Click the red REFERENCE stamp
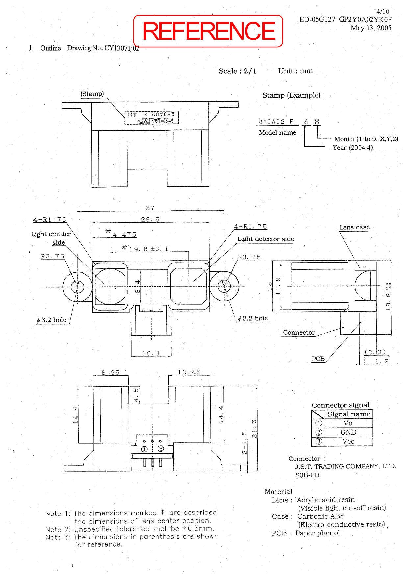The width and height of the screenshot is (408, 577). tap(208, 31)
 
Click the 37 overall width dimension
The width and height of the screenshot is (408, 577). tap(150, 208)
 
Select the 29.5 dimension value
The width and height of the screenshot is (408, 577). tap(150, 219)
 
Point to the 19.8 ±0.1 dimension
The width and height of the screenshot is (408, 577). tap(148, 249)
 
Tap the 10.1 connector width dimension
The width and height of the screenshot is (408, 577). tap(151, 353)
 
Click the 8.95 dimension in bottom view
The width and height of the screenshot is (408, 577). tap(111, 372)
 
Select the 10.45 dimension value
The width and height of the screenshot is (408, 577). tap(189, 372)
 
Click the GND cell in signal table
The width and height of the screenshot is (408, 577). tap(348, 432)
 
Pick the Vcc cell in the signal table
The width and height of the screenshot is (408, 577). tap(348, 441)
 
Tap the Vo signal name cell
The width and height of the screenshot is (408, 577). tap(348, 423)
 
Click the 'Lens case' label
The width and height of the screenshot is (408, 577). tap(354, 227)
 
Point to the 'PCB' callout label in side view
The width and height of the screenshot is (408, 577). tap(318, 359)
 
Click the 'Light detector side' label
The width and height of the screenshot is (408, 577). tap(266, 239)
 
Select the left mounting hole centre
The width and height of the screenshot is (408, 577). tap(77, 286)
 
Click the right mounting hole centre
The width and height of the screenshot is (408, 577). tap(224, 286)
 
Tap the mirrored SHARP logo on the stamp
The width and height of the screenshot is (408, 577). tap(155, 121)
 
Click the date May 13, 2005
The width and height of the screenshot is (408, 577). tap(371, 28)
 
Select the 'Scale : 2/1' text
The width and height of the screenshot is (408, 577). tap(238, 71)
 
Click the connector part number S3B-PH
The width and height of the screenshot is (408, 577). tap(307, 475)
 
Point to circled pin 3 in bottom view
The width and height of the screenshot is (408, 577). tap(161, 449)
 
